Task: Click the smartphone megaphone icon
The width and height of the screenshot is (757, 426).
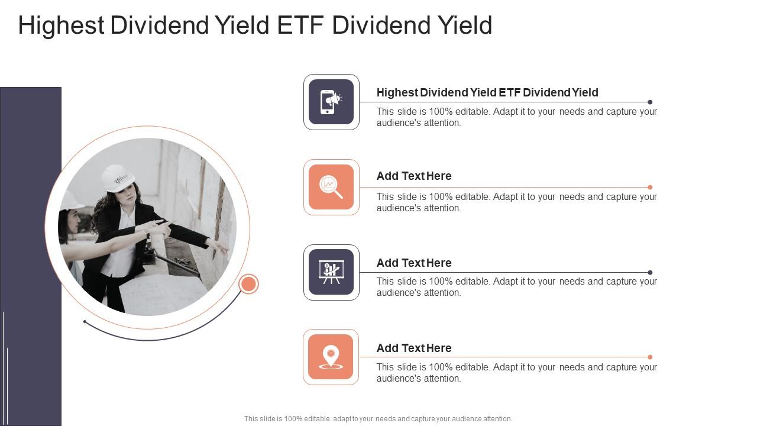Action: pyautogui.click(x=331, y=102)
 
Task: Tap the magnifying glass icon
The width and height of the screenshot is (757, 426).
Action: pyautogui.click(x=331, y=187)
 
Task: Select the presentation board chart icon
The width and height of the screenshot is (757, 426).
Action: pyautogui.click(x=331, y=272)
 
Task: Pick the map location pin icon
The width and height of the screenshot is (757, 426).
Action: pyautogui.click(x=331, y=357)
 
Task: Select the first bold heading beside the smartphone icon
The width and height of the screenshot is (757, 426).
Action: pyautogui.click(x=487, y=92)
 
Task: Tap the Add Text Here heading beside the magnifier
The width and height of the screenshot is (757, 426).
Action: pyautogui.click(x=414, y=176)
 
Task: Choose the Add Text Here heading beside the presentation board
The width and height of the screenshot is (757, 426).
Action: pyautogui.click(x=414, y=263)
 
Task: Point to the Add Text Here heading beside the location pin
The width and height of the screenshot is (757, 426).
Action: pyautogui.click(x=414, y=348)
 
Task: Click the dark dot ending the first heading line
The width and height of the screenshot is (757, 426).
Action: pyautogui.click(x=650, y=102)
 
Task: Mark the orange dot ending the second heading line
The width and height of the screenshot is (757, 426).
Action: pyautogui.click(x=650, y=188)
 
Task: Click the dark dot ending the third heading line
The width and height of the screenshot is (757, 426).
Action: pyautogui.click(x=650, y=273)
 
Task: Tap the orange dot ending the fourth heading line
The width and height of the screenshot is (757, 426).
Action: pyautogui.click(x=650, y=357)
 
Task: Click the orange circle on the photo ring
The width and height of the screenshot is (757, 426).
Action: pyautogui.click(x=248, y=284)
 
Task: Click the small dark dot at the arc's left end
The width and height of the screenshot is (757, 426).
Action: pyautogui.click(x=85, y=322)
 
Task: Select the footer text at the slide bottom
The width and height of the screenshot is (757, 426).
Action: pyautogui.click(x=378, y=419)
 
